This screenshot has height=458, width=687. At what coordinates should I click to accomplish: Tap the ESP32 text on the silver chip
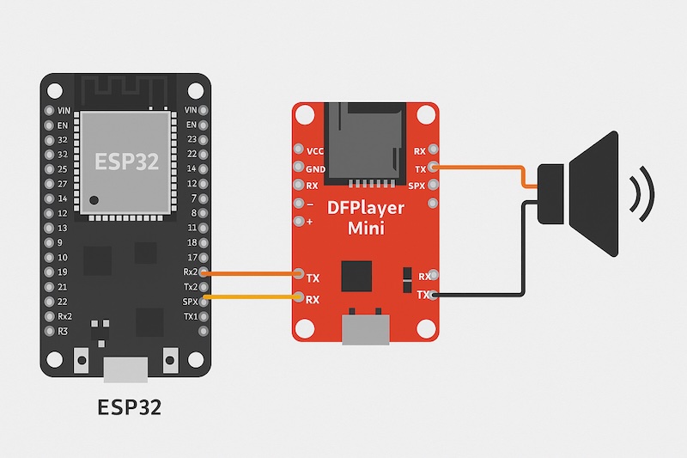click(x=126, y=162)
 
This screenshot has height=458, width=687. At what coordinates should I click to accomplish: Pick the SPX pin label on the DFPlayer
click(x=417, y=186)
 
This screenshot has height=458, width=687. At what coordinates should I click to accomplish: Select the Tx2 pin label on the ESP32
click(x=191, y=286)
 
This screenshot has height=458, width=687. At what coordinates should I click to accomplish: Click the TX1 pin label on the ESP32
click(x=191, y=316)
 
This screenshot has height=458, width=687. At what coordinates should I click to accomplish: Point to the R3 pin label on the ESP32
click(x=63, y=331)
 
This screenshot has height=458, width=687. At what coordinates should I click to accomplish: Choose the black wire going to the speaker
click(x=524, y=258)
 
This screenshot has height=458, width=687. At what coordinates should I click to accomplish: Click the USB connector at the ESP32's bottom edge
click(x=125, y=369)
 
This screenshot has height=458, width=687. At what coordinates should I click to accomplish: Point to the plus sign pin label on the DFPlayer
click(x=309, y=221)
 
